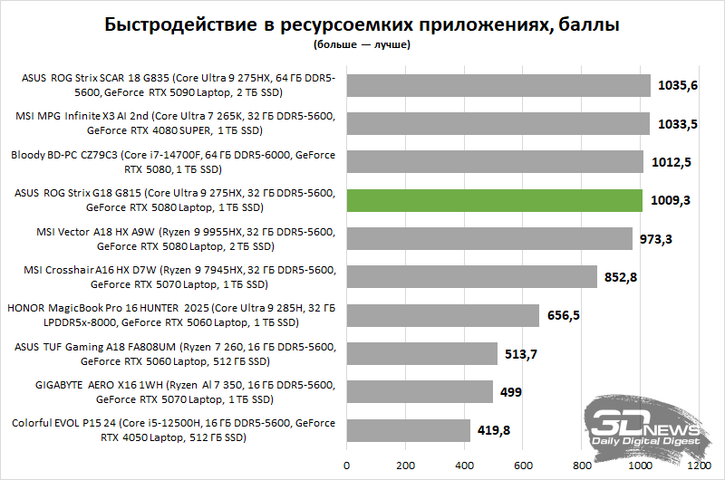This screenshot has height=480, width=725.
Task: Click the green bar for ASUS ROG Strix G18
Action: coord(494,200)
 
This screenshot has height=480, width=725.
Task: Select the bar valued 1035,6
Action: coord(498,85)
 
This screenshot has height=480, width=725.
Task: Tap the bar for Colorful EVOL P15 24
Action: coord(409,430)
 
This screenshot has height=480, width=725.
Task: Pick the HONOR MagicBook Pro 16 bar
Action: coord(443,315)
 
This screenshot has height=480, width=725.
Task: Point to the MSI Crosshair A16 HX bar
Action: coord(471,277)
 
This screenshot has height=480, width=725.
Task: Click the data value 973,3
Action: coord(655,239)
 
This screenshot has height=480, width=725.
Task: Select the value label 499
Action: coord(510,392)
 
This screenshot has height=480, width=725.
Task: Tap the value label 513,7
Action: coord(520,354)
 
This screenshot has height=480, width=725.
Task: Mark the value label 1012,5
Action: coord(672,162)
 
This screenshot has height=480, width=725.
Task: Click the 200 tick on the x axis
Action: coord(405,466)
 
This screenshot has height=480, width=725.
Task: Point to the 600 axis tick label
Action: coord(523,466)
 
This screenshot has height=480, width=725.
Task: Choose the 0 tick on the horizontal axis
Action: coord(347,466)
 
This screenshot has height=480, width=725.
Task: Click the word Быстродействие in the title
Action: coord(180,24)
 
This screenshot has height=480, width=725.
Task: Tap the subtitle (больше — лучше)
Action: coord(362,44)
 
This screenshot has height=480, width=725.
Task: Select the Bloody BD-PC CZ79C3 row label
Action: coord(173,162)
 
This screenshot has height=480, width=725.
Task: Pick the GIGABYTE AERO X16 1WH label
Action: coord(185,392)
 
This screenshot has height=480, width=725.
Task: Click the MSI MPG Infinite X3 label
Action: coord(175,123)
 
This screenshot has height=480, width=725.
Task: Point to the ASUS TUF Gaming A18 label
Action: coord(175,354)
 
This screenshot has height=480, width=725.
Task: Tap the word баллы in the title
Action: coord(588,24)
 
